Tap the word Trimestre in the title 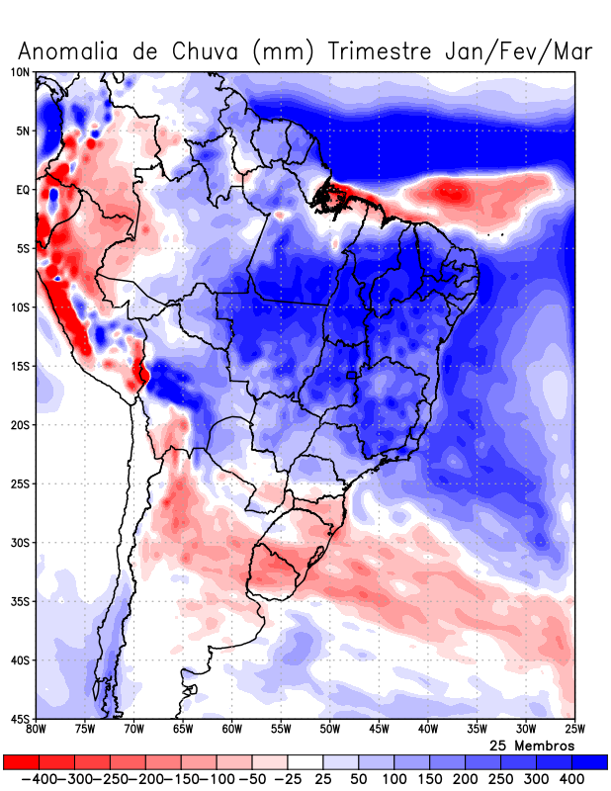pos(382,50)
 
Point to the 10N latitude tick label pos(21,72)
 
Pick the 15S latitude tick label pos(21,366)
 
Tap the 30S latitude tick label pos(21,543)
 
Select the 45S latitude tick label pos(21,719)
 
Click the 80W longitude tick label pos(37,730)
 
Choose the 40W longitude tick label pos(427,730)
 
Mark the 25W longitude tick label pos(573,730)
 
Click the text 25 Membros pos(532,745)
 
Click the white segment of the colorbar pos(305,761)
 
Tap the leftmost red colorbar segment pos(21,761)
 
